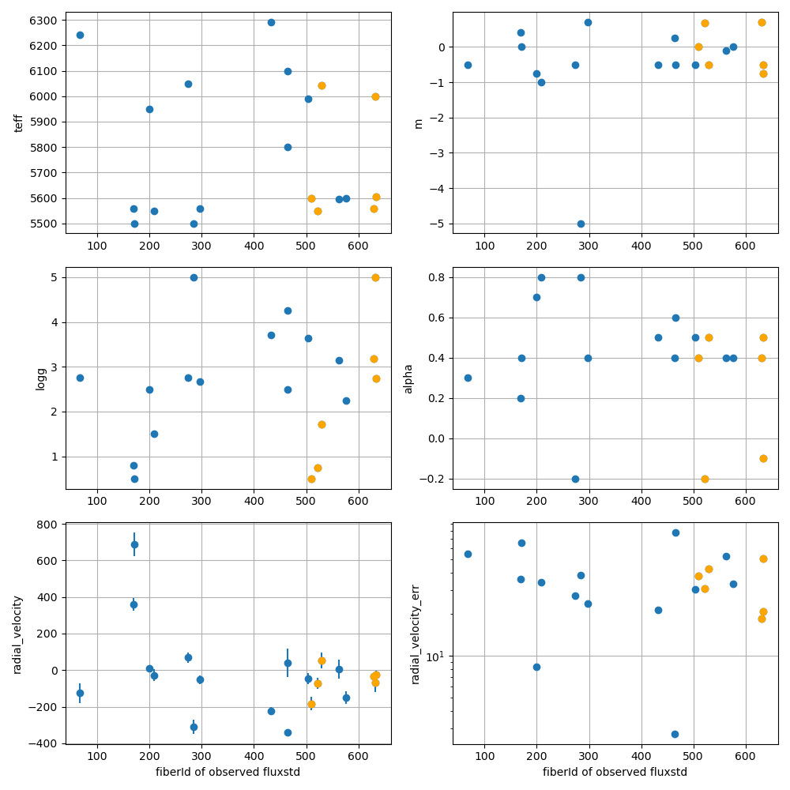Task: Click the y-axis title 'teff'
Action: coord(18,122)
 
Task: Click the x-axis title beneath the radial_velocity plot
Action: coord(228,772)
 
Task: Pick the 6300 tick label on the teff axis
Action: coord(45,21)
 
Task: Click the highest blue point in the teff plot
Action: coord(271,22)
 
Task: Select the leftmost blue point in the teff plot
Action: coord(80,35)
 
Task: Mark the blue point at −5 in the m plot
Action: coord(581,224)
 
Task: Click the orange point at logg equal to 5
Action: coord(375,277)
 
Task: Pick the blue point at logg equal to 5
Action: coord(194,277)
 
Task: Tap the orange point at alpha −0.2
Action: coord(705,479)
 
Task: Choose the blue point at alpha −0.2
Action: coord(575,479)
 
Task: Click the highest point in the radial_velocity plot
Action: coord(134,544)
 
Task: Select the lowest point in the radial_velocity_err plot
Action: coord(675,734)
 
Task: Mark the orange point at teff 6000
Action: coord(375,96)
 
